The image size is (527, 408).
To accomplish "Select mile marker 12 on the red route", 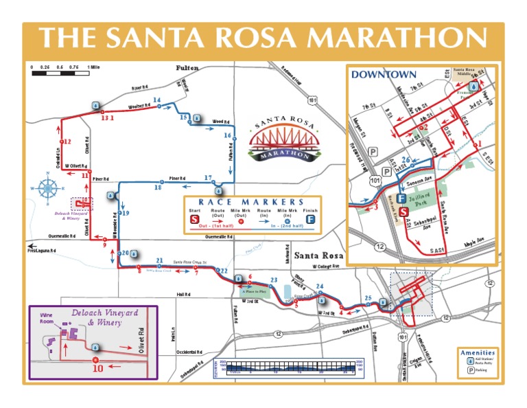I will (67, 141).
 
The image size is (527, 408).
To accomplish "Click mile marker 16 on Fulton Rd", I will (228, 136).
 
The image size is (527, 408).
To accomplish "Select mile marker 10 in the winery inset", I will (97, 367).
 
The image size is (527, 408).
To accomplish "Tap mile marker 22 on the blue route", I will (223, 271).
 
